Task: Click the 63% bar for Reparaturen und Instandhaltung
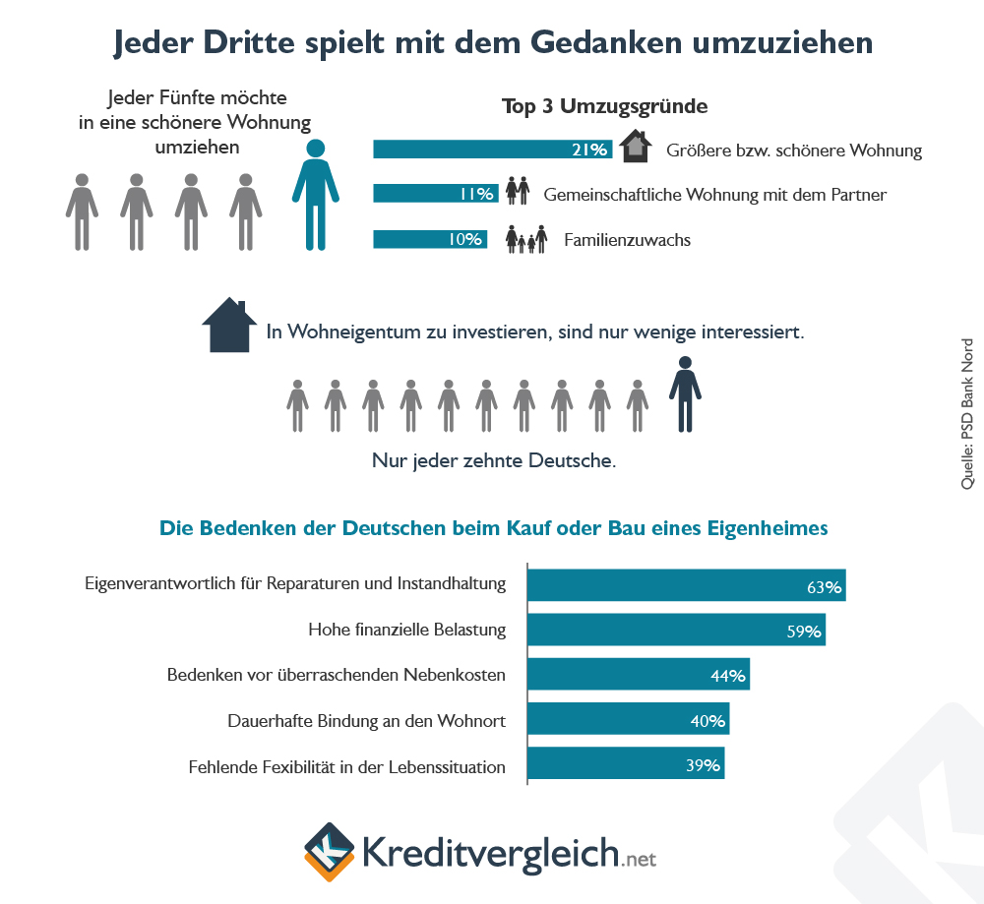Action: point(686,585)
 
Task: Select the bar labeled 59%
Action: point(676,631)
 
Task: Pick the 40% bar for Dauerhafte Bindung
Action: point(628,721)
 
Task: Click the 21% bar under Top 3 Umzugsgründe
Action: point(492,150)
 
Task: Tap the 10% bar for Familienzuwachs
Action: point(430,239)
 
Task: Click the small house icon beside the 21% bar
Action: point(636,147)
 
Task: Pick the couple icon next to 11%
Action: point(518,192)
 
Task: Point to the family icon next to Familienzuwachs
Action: point(526,239)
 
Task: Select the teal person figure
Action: point(315,194)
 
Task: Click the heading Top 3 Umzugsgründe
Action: point(605,106)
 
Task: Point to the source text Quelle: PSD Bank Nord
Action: point(966,414)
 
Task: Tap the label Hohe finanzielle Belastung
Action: point(406,630)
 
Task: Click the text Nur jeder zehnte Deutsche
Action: point(494,460)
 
